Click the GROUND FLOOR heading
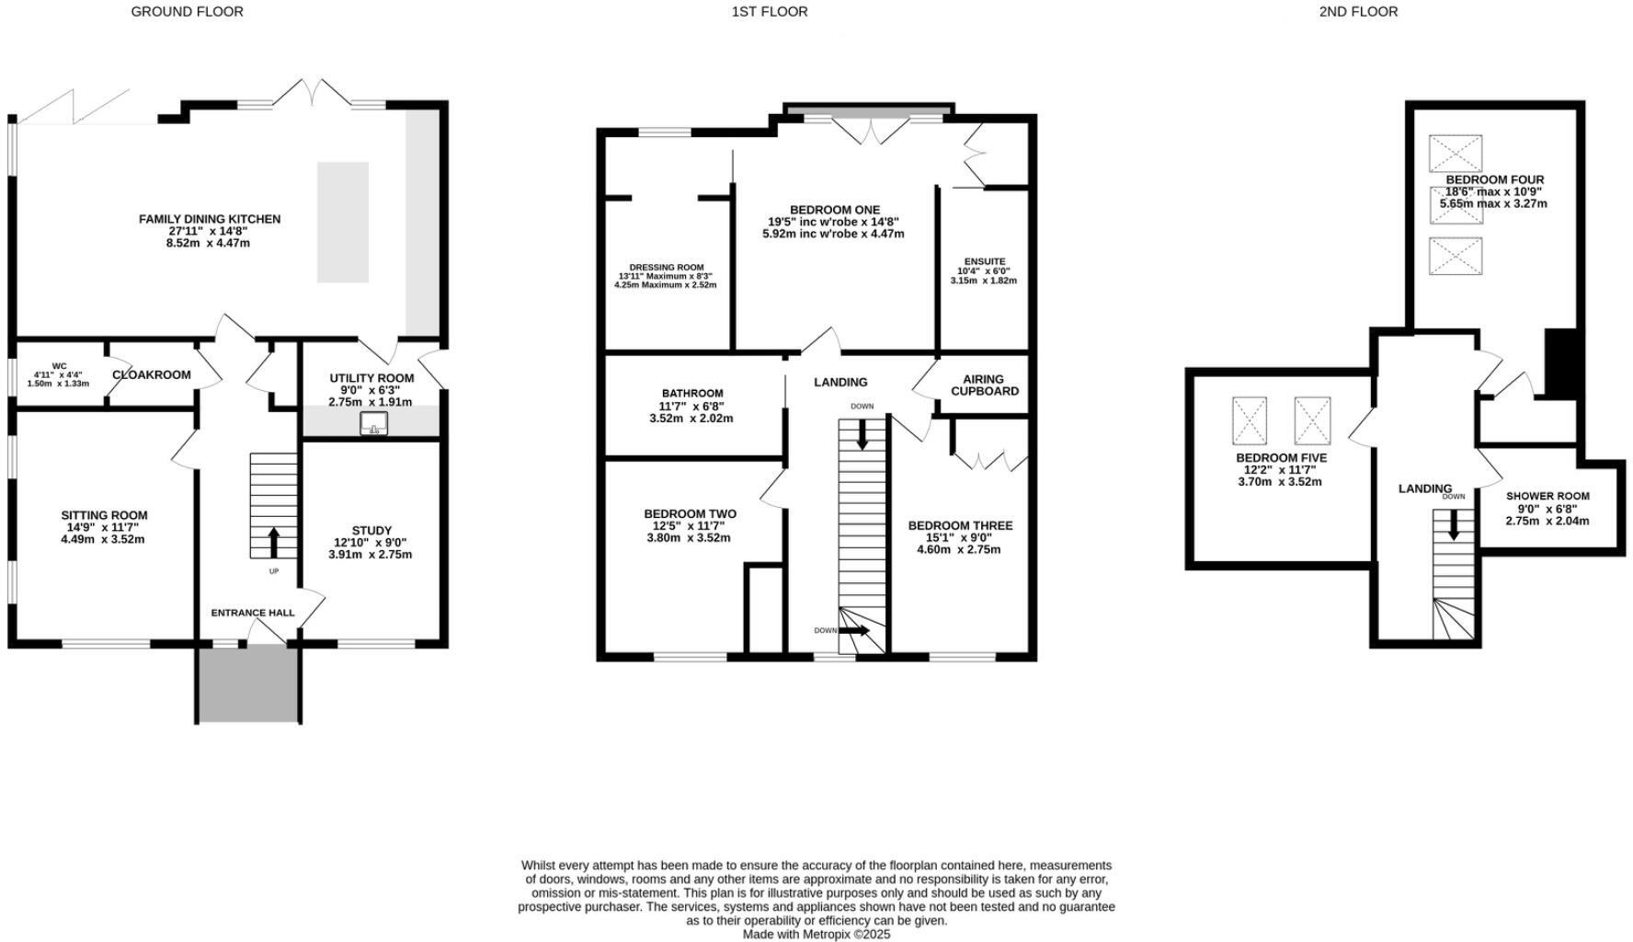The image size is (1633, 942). pos(187,12)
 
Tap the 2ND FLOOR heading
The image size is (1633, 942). pos(1357,12)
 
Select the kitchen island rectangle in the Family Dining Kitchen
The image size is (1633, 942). pos(343,222)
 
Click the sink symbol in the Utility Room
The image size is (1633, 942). pos(374,423)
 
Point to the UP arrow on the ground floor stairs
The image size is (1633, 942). pos(273,542)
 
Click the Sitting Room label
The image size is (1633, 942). pos(104,515)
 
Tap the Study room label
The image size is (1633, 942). pos(371,531)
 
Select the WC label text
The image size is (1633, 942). pos(59,367)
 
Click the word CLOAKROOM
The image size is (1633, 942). pos(151,374)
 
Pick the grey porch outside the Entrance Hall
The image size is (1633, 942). pos(248,683)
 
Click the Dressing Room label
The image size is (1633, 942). pos(666,268)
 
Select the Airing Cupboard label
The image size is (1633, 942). pos(984,385)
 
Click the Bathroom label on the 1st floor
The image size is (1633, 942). pos(691,394)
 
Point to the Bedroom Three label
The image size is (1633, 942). pos(959,525)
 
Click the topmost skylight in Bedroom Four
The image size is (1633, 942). pos(1455,153)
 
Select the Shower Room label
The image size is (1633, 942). pos(1547,496)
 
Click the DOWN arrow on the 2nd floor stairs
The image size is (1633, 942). pos(1453,524)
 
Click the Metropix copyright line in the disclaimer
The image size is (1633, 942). pos(816,934)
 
